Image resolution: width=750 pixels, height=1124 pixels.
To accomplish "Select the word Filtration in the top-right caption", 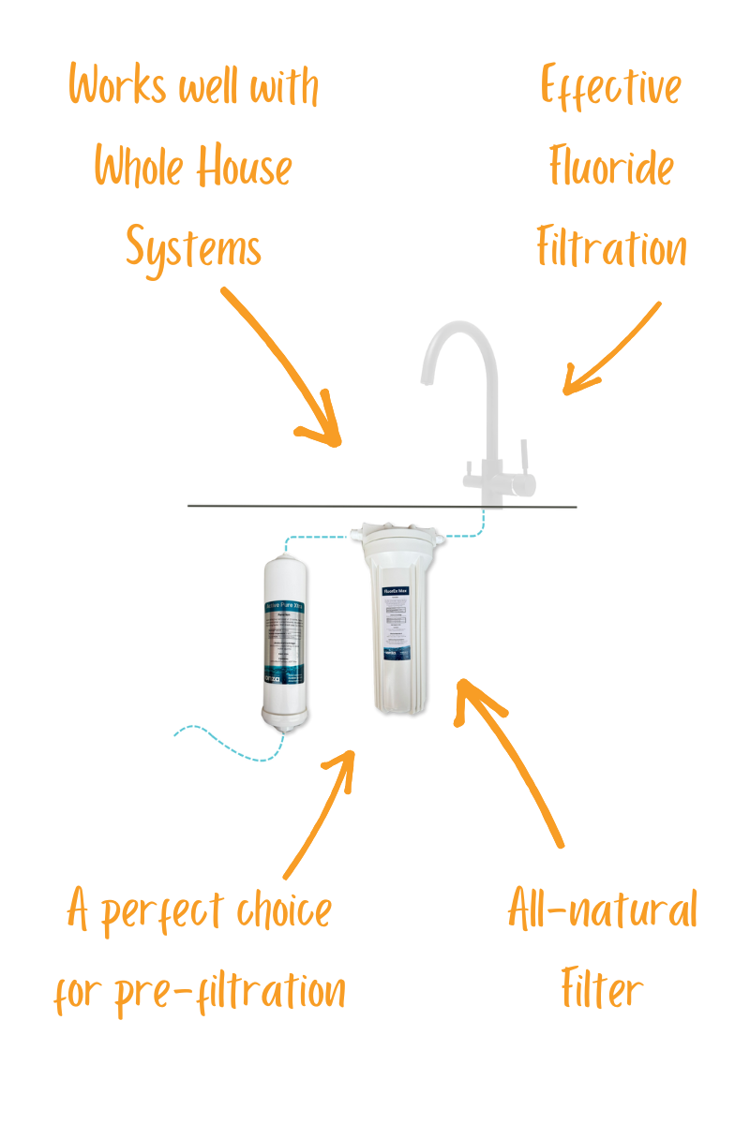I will [x=611, y=249].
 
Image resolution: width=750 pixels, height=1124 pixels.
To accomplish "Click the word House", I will [x=244, y=169].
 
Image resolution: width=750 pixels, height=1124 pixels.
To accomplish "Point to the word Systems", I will [x=193, y=249].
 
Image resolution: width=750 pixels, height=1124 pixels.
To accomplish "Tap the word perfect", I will [x=160, y=911].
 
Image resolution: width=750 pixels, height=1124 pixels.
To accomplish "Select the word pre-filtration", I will [x=230, y=990].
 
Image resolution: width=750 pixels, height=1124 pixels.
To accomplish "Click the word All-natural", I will [x=603, y=910].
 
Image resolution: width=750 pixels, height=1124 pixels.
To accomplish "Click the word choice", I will [x=280, y=911].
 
